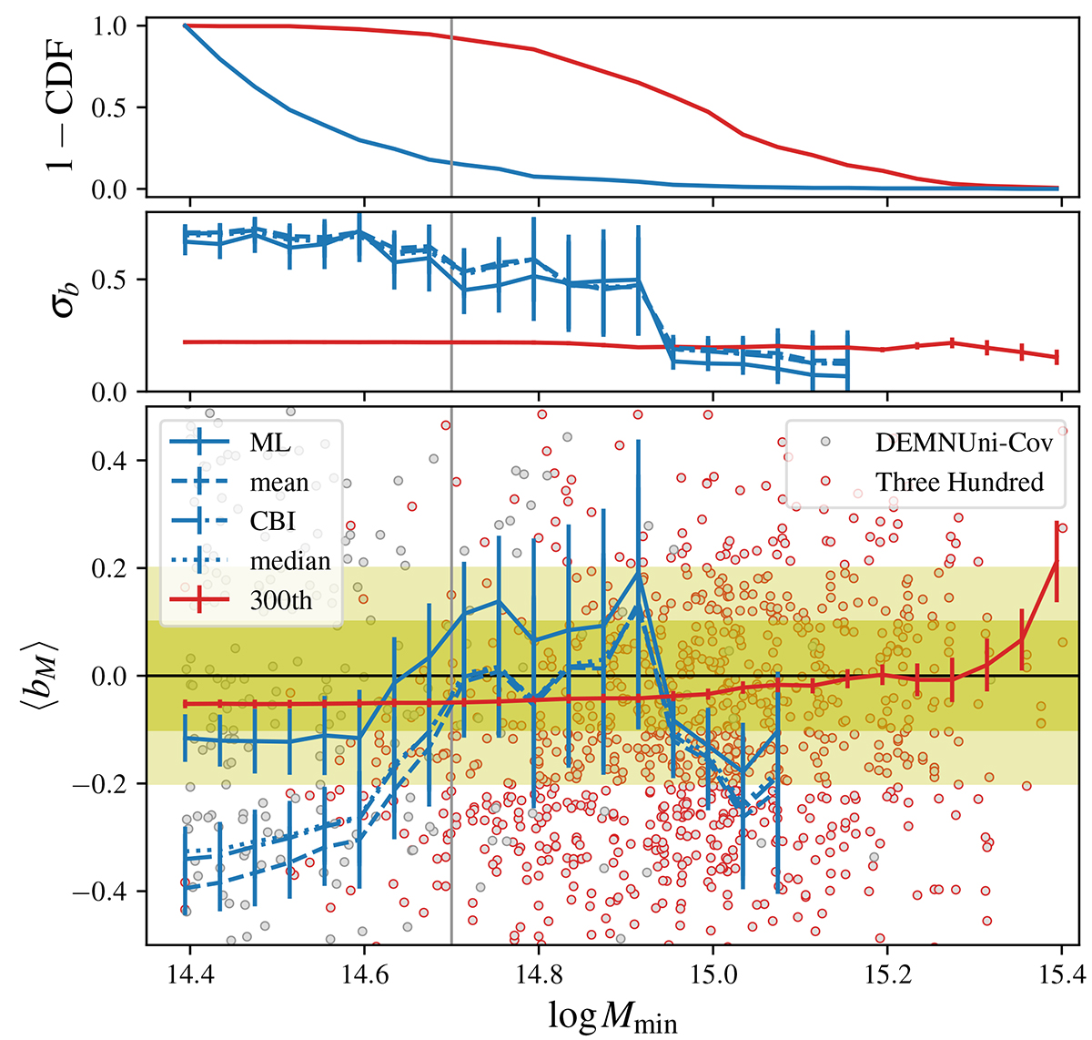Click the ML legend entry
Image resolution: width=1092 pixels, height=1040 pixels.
(x=270, y=444)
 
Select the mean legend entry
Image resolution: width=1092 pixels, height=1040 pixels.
(x=279, y=483)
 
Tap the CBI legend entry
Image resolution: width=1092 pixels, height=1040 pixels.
(x=273, y=522)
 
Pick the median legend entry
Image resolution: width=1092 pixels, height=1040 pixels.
(x=290, y=561)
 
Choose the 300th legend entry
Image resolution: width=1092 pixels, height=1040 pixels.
(x=281, y=600)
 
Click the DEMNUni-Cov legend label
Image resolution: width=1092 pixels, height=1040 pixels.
(x=964, y=443)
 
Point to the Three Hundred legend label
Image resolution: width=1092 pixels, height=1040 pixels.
(x=959, y=482)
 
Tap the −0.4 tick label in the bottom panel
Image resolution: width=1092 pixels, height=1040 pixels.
(x=109, y=892)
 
